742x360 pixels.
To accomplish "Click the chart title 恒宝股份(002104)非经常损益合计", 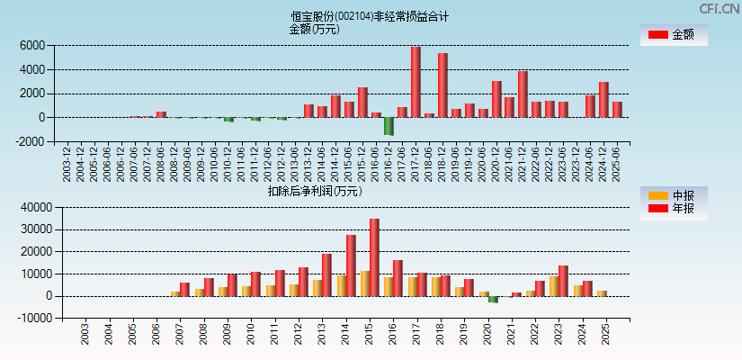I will point(370,16).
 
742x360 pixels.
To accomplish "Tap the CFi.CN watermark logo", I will point(720,9).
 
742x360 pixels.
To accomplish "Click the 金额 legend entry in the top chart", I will point(675,35).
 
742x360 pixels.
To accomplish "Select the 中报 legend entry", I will point(675,195).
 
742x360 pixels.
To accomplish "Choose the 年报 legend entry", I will point(675,209).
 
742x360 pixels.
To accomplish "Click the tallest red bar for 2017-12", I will point(416,82).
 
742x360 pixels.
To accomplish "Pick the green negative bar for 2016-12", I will point(389,125).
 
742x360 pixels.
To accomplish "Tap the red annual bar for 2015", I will point(374,257).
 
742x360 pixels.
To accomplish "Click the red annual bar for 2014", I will point(351,265).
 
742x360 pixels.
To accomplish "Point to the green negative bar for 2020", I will point(493,299).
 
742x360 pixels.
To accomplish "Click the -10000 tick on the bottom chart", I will point(28,318).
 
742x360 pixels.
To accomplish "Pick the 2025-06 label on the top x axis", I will point(617,163).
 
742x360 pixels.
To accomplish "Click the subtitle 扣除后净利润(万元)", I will point(314,191).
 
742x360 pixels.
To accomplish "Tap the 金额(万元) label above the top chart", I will point(314,29).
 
